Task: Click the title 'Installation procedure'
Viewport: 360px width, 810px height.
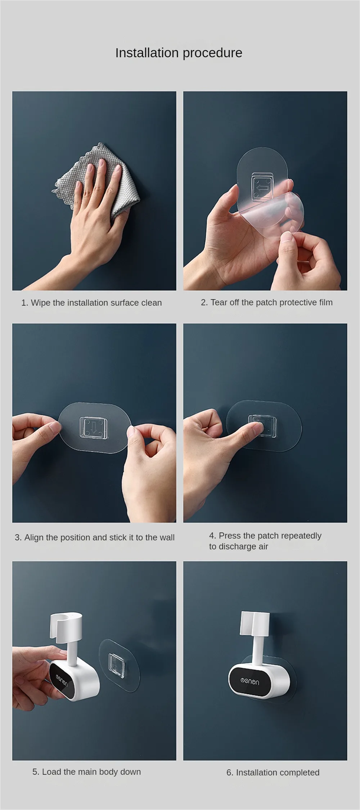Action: coord(179,53)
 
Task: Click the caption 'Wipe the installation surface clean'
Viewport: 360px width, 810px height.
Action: coord(96,303)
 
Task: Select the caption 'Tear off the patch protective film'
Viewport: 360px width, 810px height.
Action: coord(271,302)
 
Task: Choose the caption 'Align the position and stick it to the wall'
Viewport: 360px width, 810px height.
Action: coord(99,537)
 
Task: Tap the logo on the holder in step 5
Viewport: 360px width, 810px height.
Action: coord(62,679)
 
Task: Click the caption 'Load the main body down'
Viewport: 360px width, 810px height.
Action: coord(91,772)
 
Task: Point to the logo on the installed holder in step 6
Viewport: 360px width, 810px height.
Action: coord(249,681)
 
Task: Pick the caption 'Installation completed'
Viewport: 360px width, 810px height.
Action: coord(278,773)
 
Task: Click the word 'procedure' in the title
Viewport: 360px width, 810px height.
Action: coord(212,53)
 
